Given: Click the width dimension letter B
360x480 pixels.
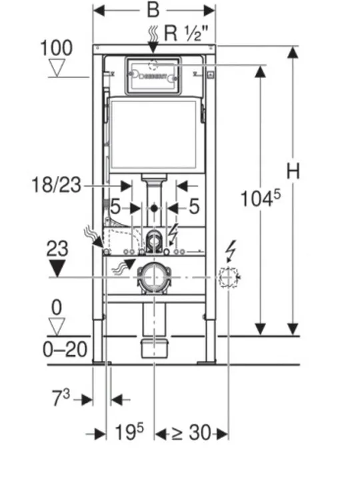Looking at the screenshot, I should click(x=154, y=11).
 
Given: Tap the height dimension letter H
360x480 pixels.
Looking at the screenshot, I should click(x=293, y=171).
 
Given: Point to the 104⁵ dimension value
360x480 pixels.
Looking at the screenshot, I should click(x=261, y=198).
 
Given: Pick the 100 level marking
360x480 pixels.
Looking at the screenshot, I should click(x=56, y=48).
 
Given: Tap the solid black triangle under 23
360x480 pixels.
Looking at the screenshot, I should click(x=57, y=268).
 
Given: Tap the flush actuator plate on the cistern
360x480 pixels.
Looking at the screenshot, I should click(x=153, y=75).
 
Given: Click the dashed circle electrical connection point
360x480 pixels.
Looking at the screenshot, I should click(x=229, y=276).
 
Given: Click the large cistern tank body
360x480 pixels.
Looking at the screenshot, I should click(x=154, y=133).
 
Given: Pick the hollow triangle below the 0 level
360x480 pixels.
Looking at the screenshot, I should click(x=56, y=327).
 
